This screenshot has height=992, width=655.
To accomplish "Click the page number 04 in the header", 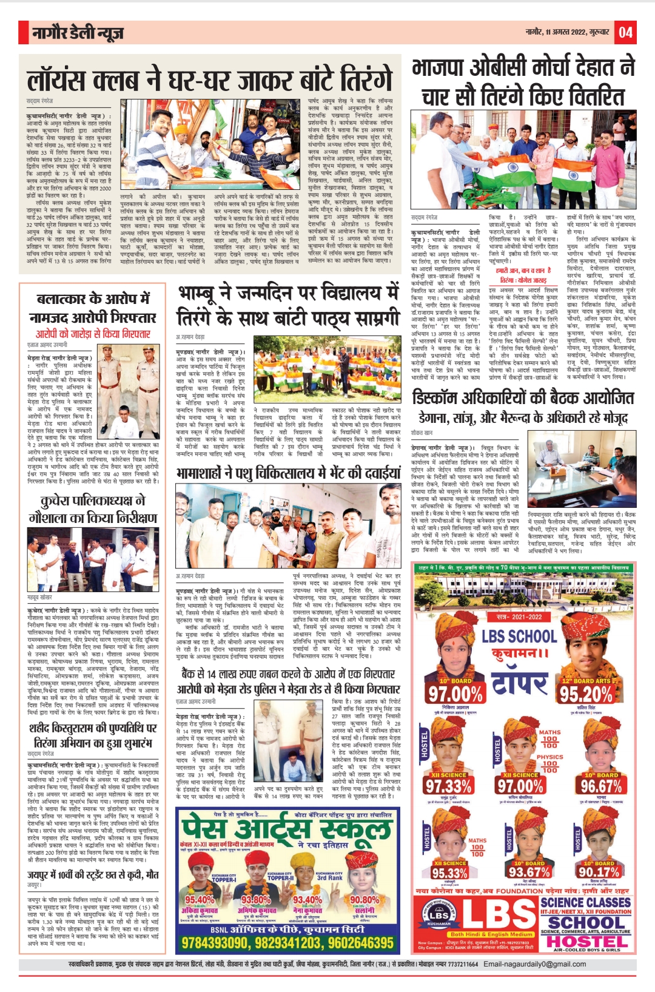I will point(625,32).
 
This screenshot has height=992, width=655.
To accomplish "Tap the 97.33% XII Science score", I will point(448,786).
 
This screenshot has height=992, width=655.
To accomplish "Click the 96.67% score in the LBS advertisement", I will point(600,786).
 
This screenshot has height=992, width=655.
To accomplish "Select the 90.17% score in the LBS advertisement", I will point(599,872).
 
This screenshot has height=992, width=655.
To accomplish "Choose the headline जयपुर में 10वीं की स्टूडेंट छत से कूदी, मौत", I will point(93,874).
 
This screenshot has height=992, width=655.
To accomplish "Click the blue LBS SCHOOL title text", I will point(520,636).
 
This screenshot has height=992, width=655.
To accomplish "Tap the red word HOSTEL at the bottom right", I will point(586,942).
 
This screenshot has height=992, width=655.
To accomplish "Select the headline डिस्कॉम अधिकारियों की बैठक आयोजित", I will point(523,399).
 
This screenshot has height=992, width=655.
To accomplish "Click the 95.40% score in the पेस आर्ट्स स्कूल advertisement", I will point(200,900).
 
